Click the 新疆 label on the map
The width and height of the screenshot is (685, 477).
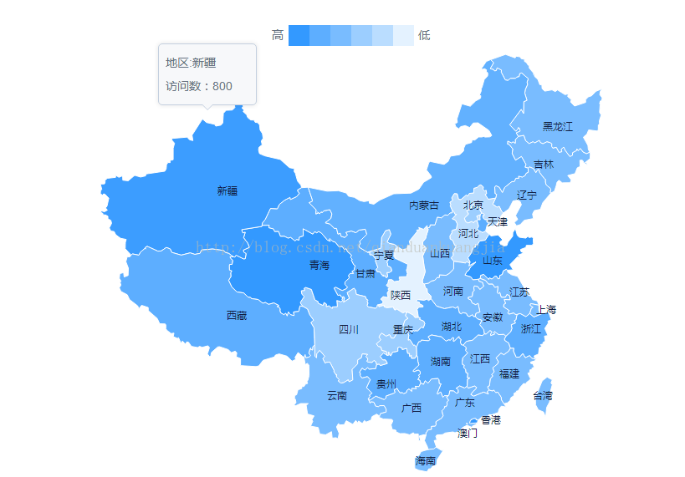227,190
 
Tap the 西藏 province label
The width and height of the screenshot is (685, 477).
237,316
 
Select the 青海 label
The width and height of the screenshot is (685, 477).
319,266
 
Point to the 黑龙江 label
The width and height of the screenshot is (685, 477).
558,127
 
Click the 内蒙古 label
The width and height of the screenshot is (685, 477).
424,206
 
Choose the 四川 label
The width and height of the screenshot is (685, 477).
349,330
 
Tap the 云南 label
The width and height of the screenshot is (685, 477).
337,395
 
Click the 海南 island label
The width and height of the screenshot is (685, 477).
426,460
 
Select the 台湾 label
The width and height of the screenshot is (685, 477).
543,395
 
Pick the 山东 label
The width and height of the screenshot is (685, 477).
493,261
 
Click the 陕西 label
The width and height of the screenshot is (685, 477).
401,295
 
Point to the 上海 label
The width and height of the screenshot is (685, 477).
546,309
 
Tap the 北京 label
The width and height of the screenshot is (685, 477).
473,205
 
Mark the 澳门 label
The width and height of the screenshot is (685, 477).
468,434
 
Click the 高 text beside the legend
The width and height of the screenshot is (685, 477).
278,35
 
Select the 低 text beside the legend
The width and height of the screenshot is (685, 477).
424,35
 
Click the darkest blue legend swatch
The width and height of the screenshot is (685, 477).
299,35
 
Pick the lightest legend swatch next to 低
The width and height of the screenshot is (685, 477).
403,35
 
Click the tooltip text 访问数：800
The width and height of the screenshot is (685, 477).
199,86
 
